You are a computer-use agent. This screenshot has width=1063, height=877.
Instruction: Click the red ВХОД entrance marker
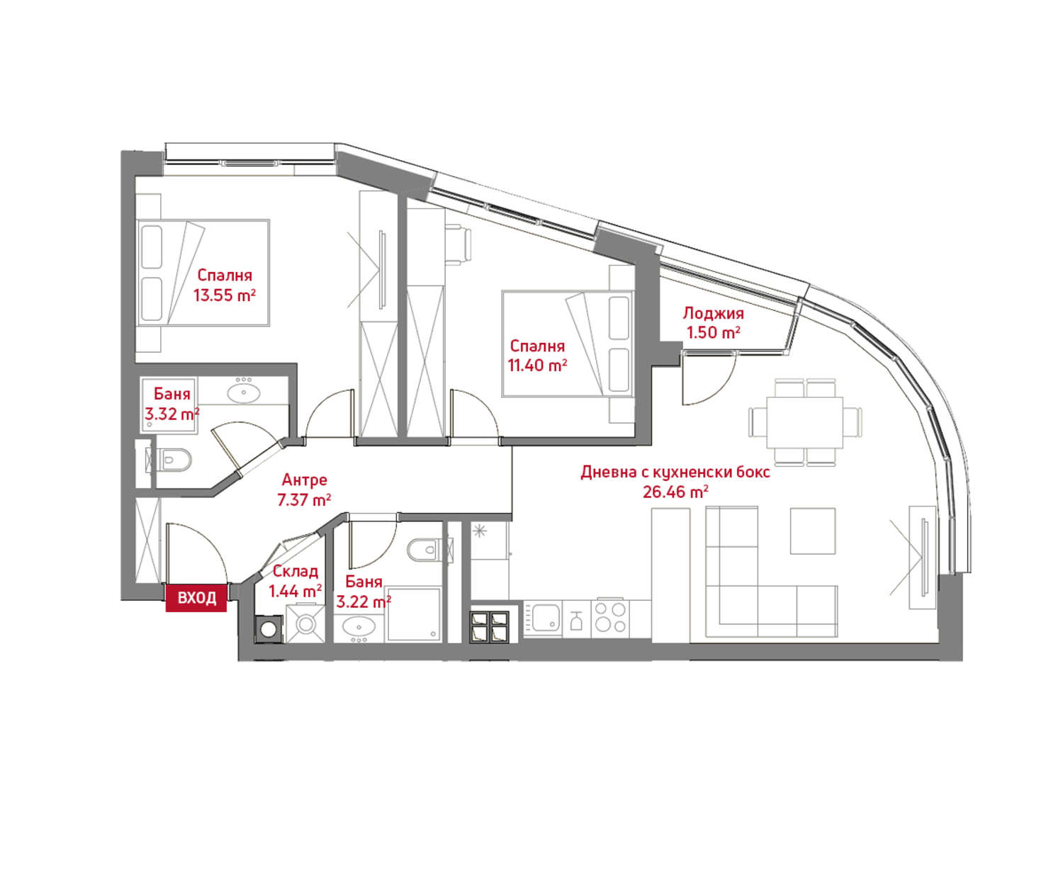(x=196, y=597)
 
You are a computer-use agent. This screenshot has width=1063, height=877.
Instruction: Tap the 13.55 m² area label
(x=225, y=295)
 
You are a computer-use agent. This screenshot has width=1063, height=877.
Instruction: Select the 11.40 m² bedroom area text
(x=537, y=366)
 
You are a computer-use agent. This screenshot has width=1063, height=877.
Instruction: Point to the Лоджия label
(x=713, y=314)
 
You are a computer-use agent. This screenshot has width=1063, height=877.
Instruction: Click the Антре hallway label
(x=304, y=480)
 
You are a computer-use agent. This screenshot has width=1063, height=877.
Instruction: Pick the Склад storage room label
(x=296, y=571)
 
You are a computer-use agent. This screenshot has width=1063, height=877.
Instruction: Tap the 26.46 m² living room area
(x=675, y=492)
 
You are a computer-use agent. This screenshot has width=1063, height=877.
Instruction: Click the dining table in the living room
(x=805, y=422)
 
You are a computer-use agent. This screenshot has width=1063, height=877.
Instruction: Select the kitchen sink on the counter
(x=543, y=618)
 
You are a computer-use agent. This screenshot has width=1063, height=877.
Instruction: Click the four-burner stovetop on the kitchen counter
(x=610, y=618)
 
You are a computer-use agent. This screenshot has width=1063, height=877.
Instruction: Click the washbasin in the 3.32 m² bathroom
(x=244, y=392)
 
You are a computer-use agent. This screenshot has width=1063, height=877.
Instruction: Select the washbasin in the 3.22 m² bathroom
(x=359, y=626)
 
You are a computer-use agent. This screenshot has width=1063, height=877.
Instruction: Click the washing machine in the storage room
(x=269, y=630)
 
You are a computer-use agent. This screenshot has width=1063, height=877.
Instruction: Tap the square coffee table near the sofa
(x=813, y=531)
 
